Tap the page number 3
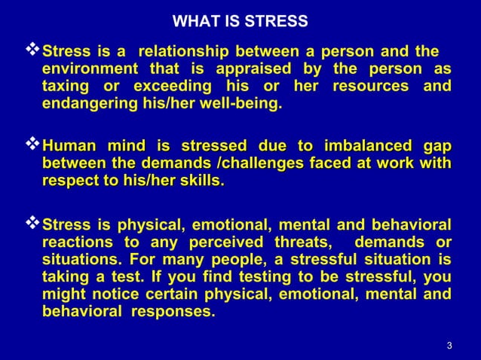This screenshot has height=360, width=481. [x=449, y=346]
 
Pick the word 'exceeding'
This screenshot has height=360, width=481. [x=174, y=86]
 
